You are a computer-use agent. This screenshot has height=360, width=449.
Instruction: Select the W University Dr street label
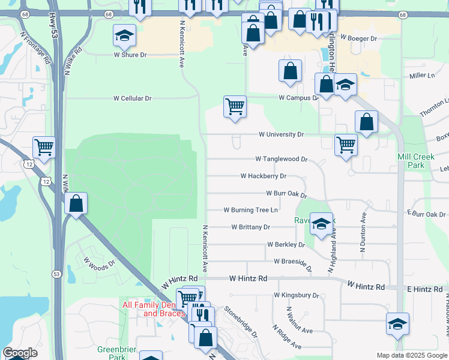click(x=281, y=134)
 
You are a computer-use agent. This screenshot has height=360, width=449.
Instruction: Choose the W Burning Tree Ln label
click(x=250, y=210)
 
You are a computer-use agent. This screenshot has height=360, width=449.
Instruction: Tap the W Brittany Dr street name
click(x=250, y=227)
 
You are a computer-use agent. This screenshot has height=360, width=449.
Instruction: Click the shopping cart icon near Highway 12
click(x=44, y=146)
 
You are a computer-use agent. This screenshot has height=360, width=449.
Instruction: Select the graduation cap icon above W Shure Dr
click(x=124, y=35)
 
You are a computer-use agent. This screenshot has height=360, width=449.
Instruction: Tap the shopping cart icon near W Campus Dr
click(x=235, y=107)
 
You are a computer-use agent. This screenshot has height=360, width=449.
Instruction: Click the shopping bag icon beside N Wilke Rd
click(x=76, y=203)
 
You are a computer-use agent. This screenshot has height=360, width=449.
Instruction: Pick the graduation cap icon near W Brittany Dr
click(x=321, y=223)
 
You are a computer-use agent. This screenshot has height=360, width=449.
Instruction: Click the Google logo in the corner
click(x=20, y=353)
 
